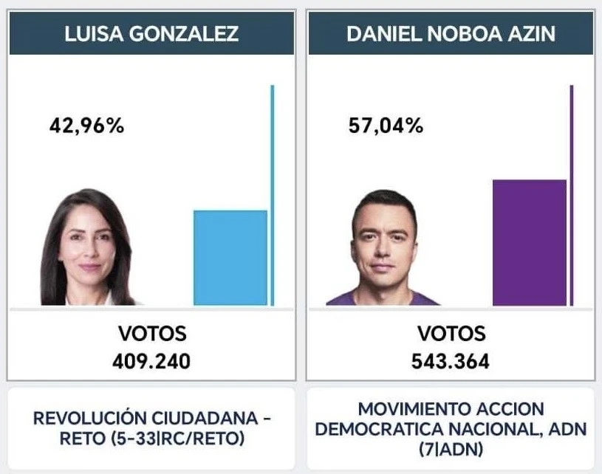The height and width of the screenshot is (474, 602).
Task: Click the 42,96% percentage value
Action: coord(86,126)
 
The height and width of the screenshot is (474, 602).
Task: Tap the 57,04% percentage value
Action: coord(386,126)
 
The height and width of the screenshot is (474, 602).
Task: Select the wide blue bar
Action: coord(230,258)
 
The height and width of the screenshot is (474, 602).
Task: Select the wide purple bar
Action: coord(529,242)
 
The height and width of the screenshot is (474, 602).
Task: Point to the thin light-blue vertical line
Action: coord(272,195)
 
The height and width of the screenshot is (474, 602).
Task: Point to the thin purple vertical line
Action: coord(571,195)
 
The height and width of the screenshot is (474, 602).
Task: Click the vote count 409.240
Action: coord(152,362)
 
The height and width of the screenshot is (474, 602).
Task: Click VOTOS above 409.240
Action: coord(152,334)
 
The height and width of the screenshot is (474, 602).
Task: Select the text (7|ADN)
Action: coord(451,448)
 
